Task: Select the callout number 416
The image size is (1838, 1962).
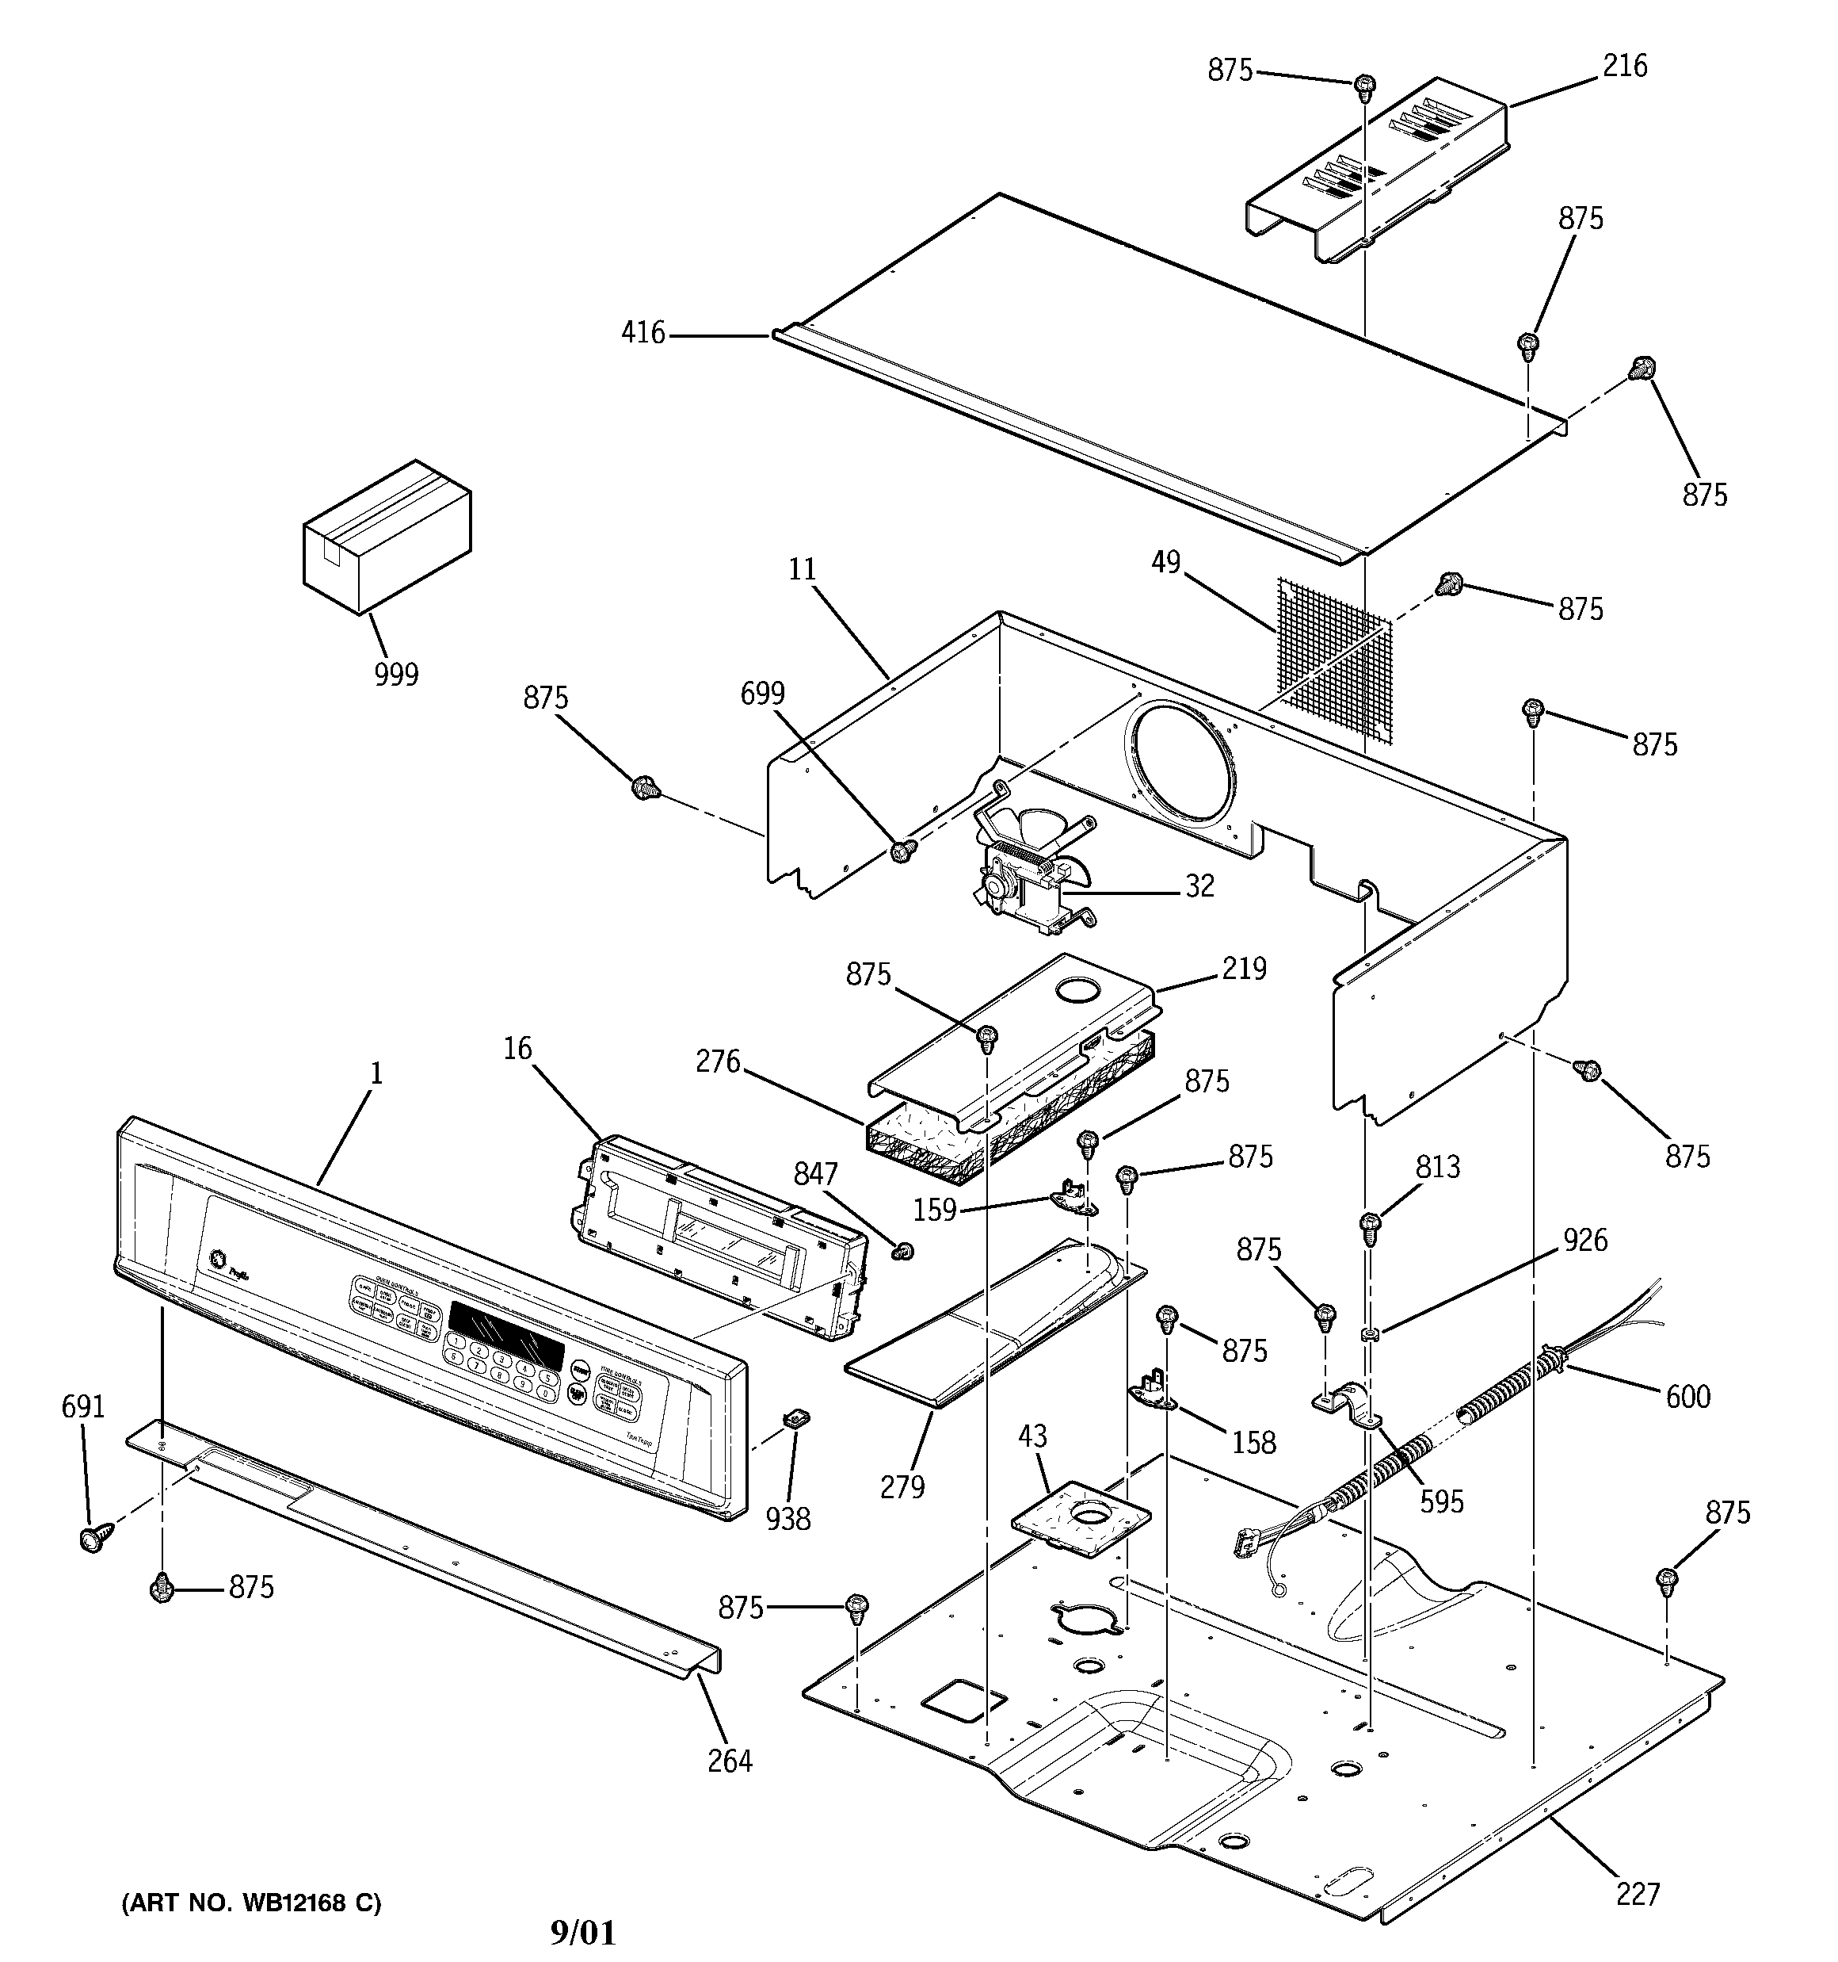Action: tap(643, 334)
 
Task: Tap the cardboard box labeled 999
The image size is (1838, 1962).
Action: tap(387, 538)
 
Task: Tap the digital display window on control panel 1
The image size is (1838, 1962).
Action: tap(506, 1329)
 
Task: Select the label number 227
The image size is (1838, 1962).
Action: tap(1638, 1893)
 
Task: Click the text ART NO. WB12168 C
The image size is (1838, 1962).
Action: tap(250, 1903)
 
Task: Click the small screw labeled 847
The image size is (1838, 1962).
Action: tap(901, 1252)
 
